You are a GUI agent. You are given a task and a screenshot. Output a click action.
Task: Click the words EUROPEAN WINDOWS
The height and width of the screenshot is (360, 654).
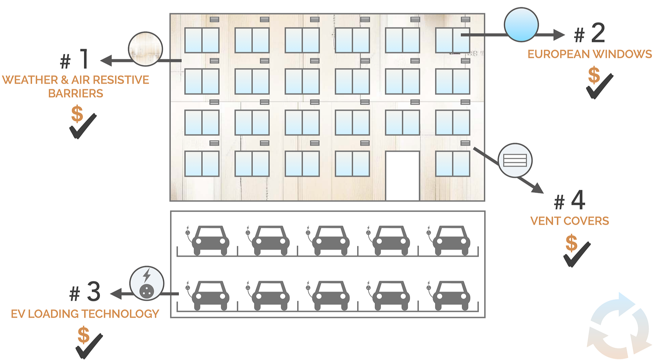pyautogui.click(x=589, y=54)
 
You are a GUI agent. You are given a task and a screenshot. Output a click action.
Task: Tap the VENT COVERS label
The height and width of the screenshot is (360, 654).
pyautogui.click(x=569, y=221)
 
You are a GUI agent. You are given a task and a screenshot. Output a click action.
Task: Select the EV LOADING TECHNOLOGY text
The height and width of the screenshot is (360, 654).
pyautogui.click(x=85, y=314)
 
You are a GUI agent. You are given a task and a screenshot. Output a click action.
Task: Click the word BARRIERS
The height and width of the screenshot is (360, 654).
pyautogui.click(x=76, y=93)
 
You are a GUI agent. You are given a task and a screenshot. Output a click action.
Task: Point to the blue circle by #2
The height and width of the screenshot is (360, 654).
pyautogui.click(x=521, y=25)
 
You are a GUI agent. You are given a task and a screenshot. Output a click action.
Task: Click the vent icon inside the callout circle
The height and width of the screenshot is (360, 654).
pyautogui.click(x=515, y=160)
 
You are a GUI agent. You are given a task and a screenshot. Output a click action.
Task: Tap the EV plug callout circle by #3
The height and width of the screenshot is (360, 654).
pyautogui.click(x=147, y=283)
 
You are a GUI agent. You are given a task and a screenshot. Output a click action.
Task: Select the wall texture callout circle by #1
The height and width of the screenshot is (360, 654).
pyautogui.click(x=145, y=49)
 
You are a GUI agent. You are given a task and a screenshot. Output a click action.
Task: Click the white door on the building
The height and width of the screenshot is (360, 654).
pyautogui.click(x=403, y=176)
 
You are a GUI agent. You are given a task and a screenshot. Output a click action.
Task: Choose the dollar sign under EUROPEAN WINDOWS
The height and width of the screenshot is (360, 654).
pyautogui.click(x=594, y=75)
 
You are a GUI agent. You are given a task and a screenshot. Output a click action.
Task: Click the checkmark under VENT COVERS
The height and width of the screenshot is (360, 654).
pyautogui.click(x=577, y=255)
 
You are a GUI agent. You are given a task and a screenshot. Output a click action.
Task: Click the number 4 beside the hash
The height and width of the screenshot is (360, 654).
pyautogui.click(x=578, y=200)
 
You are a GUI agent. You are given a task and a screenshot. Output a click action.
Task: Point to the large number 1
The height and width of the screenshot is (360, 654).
pyautogui.click(x=84, y=59)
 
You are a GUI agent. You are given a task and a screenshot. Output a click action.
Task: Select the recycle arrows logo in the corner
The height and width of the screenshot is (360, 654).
pyautogui.click(x=619, y=326)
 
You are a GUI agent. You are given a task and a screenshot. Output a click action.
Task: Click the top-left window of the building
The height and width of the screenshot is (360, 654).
pyautogui.click(x=202, y=40)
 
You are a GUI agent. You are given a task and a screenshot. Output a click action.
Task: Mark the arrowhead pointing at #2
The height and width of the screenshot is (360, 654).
pyautogui.click(x=558, y=35)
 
